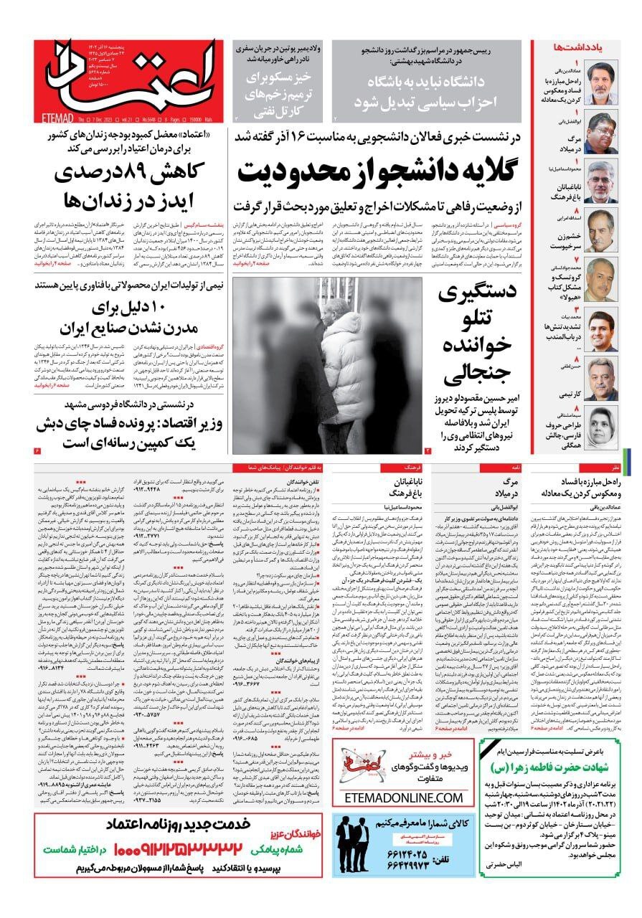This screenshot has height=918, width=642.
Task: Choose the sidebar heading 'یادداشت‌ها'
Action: (576, 47)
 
